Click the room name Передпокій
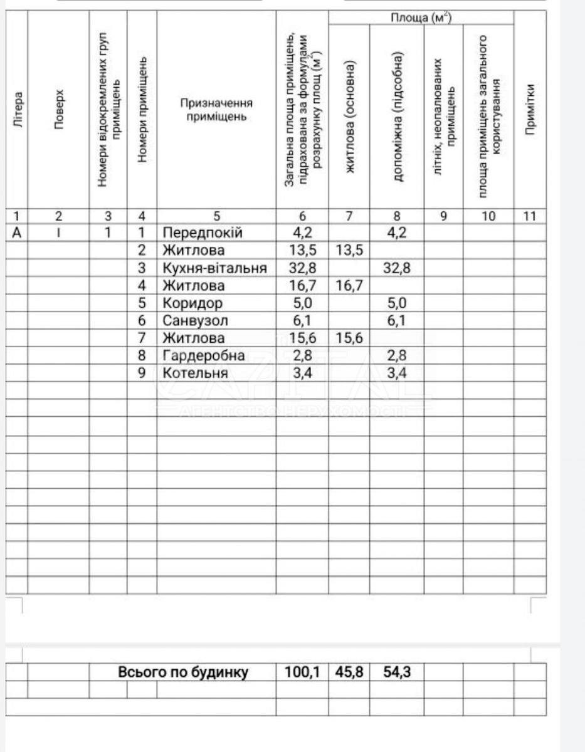202,233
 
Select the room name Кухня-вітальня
214,268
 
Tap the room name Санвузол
195,321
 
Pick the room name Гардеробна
204,356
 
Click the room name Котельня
195,373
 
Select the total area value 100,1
302,672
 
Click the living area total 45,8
349,672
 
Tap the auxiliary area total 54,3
396,672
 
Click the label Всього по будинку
183,672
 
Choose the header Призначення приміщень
216,110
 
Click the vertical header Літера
18,110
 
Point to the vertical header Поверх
58,110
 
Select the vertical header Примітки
530,110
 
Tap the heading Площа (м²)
421,18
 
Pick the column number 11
530,216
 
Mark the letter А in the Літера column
17,233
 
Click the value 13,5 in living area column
349,251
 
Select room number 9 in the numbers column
142,373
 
